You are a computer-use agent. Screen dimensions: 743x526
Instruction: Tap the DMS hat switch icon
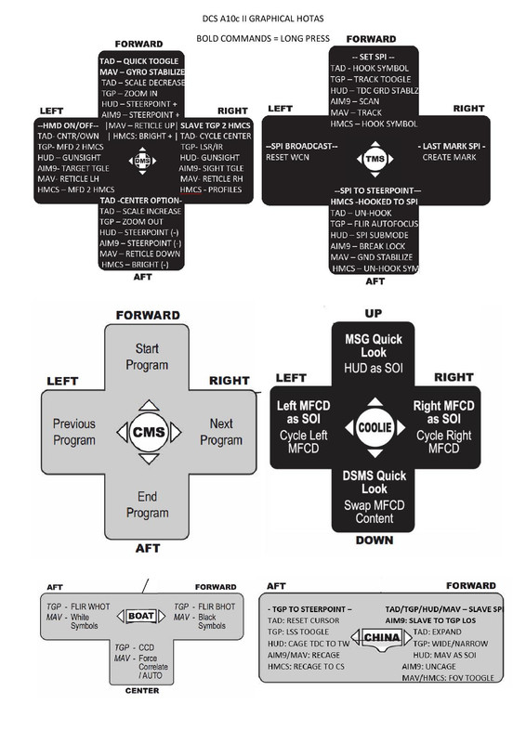pos(142,161)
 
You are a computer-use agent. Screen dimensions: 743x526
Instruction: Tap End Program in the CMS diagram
pos(147,504)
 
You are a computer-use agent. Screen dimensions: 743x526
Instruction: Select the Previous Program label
pos(74,431)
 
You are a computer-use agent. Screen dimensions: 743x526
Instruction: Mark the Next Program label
pos(221,431)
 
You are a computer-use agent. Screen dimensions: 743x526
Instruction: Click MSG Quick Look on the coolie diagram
pos(374,345)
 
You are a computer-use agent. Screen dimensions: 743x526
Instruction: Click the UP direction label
pos(372,314)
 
